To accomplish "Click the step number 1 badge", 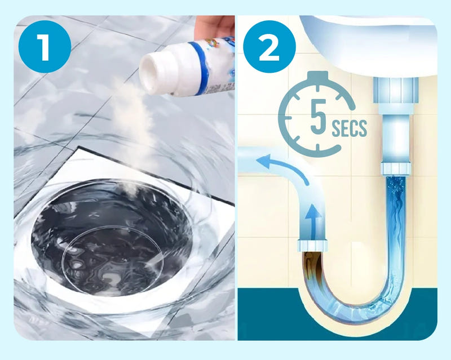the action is point(45,47).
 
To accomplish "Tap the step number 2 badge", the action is point(269,47).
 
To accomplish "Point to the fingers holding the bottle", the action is point(214,27).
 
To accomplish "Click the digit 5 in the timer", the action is point(319,116).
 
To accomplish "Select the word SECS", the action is point(349,128).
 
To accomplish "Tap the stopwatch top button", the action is point(317,77).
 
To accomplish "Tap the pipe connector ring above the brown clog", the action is point(313,245).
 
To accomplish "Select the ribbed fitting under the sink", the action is point(396,90).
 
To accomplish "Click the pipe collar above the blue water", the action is point(396,169).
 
